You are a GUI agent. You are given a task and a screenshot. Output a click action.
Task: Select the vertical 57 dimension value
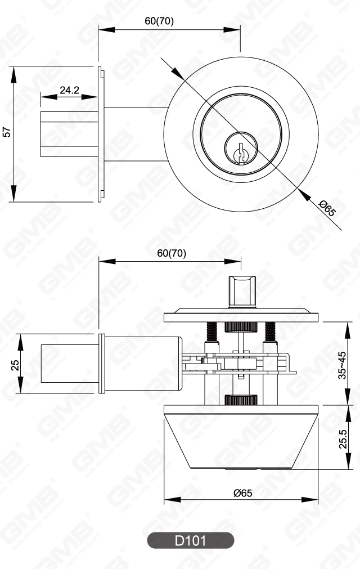tap(7, 133)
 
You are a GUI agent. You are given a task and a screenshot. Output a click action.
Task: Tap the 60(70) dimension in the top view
tap(159, 21)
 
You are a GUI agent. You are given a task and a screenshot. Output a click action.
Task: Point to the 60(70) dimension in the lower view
tap(172, 253)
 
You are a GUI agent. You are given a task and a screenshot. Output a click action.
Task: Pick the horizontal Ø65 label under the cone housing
tap(242, 492)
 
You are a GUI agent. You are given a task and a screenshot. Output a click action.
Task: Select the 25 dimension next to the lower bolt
tap(15, 364)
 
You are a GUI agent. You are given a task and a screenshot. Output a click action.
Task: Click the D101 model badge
tap(190, 541)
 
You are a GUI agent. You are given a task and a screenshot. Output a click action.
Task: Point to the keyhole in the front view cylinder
tap(241, 151)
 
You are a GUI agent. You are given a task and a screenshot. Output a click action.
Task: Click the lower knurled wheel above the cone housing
tap(241, 400)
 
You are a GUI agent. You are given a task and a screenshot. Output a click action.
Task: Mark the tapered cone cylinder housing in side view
tap(241, 439)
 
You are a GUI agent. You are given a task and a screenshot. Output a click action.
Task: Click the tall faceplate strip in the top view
tap(101, 133)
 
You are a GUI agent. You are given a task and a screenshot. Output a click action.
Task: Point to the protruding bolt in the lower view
tap(70, 364)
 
